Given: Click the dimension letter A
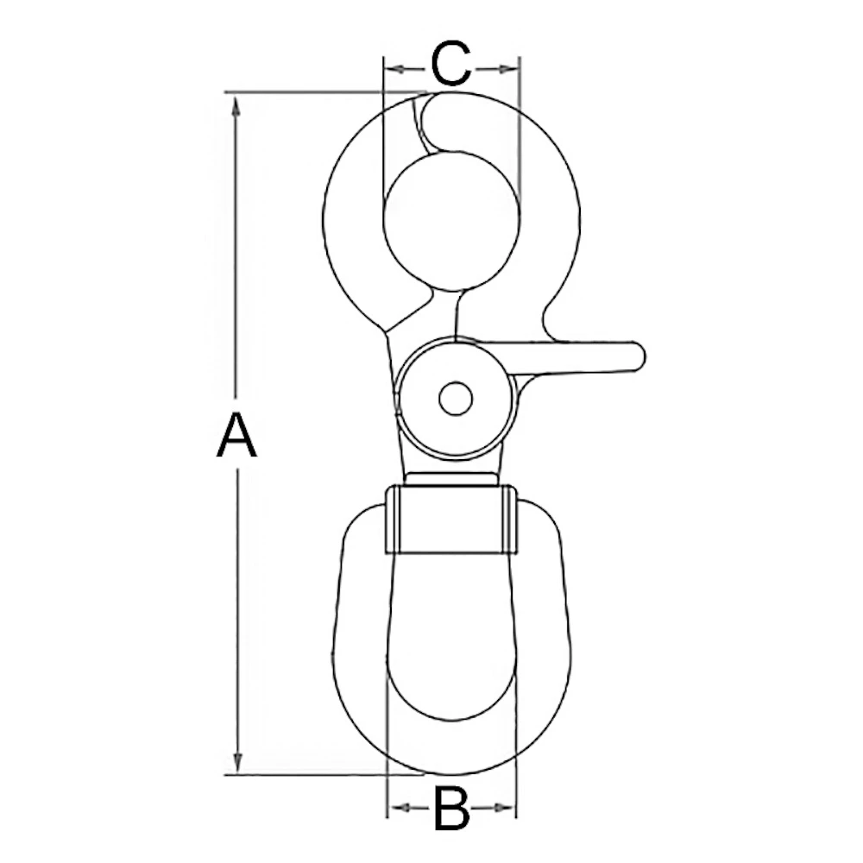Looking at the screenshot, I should (x=236, y=435).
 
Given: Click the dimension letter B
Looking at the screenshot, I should (x=451, y=809).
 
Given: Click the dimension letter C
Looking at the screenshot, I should (x=451, y=66).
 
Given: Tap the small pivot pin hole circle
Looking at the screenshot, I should (x=455, y=399).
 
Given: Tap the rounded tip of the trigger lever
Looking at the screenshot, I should (x=637, y=356).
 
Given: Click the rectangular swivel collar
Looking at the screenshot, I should (x=450, y=520).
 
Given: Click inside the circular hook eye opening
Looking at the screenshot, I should (x=450, y=221).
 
